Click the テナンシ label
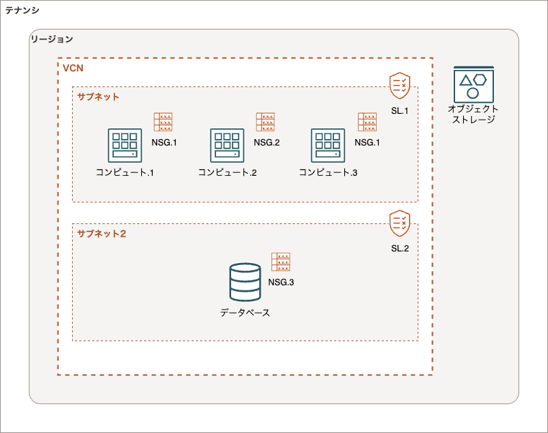tap(22, 10)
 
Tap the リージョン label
tap(52, 39)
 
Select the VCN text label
tap(73, 68)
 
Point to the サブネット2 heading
tap(102, 233)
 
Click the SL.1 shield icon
tap(400, 86)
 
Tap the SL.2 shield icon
tap(400, 223)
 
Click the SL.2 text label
tap(400, 248)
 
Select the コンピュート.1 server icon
tap(125, 146)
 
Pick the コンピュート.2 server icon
tap(227, 146)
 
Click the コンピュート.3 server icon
tap(328, 146)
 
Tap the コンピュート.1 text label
tap(125, 173)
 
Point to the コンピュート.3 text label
tap(328, 173)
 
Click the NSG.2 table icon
tap(266, 122)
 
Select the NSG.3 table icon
tap(281, 262)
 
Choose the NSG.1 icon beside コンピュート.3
tap(367, 122)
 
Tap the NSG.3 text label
tap(281, 282)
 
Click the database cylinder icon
tap(245, 282)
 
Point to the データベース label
tap(245, 313)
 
